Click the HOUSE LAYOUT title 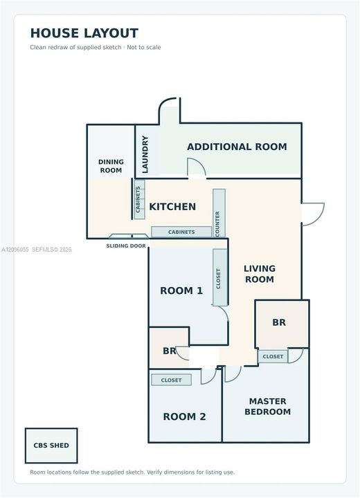pyautogui.click(x=84, y=33)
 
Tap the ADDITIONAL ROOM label pyautogui.click(x=237, y=147)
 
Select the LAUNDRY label pyautogui.click(x=145, y=154)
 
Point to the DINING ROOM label pyautogui.click(x=111, y=166)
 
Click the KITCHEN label pyautogui.click(x=172, y=207)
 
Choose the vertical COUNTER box pyautogui.click(x=219, y=213)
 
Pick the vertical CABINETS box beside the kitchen pyautogui.click(x=139, y=199)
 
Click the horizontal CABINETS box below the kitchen pyautogui.click(x=181, y=232)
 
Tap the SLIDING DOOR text pyautogui.click(x=126, y=246)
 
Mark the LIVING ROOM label pyautogui.click(x=260, y=274)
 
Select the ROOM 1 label pyautogui.click(x=181, y=290)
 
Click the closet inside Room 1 pyautogui.click(x=220, y=277)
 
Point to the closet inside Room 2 pyautogui.click(x=172, y=380)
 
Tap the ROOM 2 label pyautogui.click(x=184, y=416)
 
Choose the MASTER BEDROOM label pyautogui.click(x=267, y=407)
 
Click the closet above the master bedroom pyautogui.click(x=273, y=357)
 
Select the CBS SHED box pyautogui.click(x=51, y=445)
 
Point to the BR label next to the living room pyautogui.click(x=279, y=322)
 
